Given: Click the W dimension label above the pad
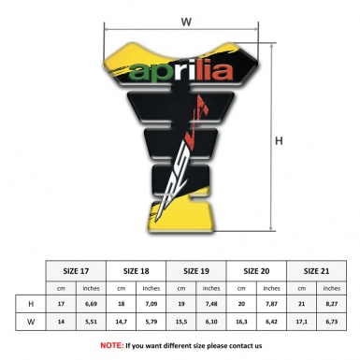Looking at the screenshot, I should pyautogui.click(x=185, y=21).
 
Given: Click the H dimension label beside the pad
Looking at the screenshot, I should pyautogui.click(x=280, y=142).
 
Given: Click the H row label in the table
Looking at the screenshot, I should pyautogui.click(x=32, y=304).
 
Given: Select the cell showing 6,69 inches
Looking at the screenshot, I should pyautogui.click(x=92, y=304).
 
